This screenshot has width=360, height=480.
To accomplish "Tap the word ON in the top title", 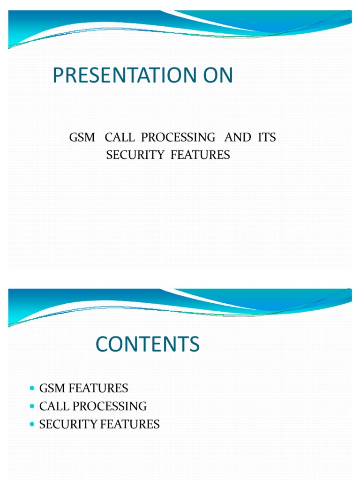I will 217,76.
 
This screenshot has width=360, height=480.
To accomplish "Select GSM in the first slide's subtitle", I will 82,138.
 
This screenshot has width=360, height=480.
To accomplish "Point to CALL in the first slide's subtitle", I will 120,138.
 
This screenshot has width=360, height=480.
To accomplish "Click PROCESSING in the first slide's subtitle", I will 178,138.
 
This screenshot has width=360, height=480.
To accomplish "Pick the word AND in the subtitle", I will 238,138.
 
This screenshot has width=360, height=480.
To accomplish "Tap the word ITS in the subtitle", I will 266,138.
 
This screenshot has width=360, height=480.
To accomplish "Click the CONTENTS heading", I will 148,345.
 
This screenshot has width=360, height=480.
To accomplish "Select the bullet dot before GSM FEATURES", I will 32,389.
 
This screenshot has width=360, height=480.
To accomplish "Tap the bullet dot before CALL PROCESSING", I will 32,406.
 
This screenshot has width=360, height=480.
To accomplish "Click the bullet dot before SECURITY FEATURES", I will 32,425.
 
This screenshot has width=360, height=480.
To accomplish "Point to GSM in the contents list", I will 51,389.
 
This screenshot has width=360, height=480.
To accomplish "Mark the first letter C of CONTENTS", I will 102,345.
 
